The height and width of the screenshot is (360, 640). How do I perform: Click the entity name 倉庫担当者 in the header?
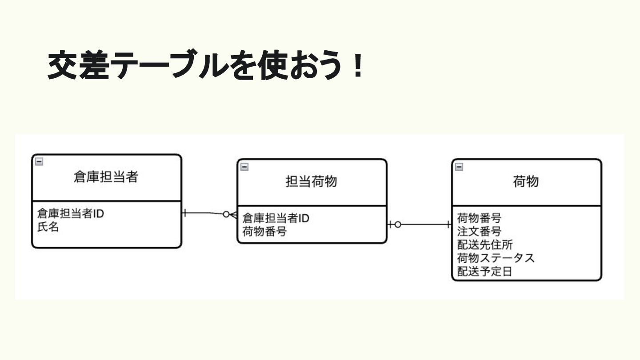pos(106,177)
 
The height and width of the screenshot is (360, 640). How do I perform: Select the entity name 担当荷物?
pos(311,182)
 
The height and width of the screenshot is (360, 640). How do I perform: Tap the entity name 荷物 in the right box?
pos(526,182)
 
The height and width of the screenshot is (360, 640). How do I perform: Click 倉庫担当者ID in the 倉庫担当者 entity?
pos(71,214)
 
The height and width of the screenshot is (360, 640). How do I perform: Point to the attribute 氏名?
pos(48,228)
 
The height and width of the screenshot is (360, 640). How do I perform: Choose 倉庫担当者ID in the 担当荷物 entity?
pos(276,218)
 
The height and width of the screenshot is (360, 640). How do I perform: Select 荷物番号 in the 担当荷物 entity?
pos(264,232)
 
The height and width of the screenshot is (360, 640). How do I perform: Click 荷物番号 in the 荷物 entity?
pos(479,218)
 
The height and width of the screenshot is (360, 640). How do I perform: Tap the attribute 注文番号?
pos(479,232)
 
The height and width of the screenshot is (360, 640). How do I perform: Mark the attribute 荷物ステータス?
pos(496,258)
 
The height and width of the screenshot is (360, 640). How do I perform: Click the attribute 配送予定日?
pos(485,272)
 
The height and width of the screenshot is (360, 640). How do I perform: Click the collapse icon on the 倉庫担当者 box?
pos(39,162)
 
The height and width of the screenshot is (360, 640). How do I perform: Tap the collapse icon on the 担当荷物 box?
pos(244,167)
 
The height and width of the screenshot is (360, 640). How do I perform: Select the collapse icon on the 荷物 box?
pos(459,167)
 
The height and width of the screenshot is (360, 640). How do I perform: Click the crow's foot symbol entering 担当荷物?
pos(233,215)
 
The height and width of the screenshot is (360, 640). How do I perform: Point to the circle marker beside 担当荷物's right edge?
pos(398,225)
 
